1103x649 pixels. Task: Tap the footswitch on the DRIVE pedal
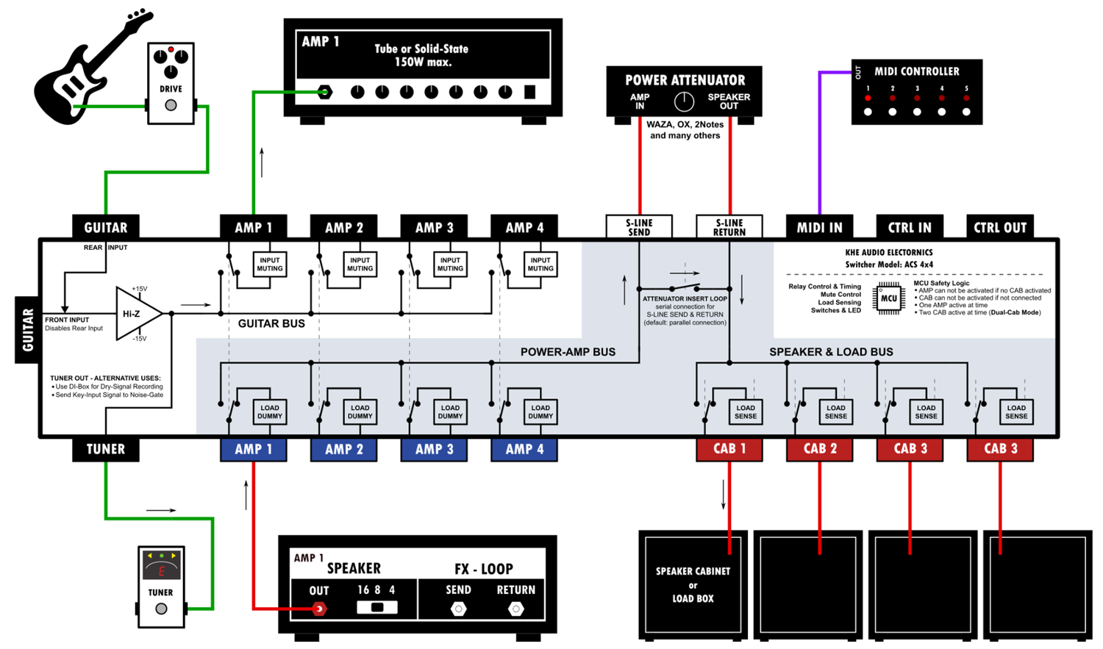click(x=171, y=105)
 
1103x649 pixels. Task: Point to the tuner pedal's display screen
click(x=161, y=567)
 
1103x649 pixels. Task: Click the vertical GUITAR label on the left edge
click(x=28, y=329)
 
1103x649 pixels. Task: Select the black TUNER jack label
click(x=105, y=449)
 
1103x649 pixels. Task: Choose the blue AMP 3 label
click(x=434, y=449)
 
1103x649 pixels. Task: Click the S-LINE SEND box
click(x=638, y=227)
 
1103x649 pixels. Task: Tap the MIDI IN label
click(x=819, y=227)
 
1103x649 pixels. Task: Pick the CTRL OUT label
click(x=999, y=227)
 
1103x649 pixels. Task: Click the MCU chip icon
click(x=888, y=298)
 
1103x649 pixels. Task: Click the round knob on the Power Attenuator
click(x=684, y=101)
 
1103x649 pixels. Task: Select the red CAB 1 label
click(x=729, y=449)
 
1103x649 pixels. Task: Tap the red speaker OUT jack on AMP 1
click(x=319, y=609)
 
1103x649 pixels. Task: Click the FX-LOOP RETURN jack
click(x=515, y=609)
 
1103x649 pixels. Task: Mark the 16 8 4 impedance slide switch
click(x=377, y=608)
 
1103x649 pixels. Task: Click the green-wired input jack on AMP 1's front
click(x=324, y=92)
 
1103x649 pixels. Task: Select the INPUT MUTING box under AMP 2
click(x=360, y=265)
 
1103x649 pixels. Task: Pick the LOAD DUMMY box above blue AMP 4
click(x=540, y=412)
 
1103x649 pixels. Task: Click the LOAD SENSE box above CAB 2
click(x=835, y=412)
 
